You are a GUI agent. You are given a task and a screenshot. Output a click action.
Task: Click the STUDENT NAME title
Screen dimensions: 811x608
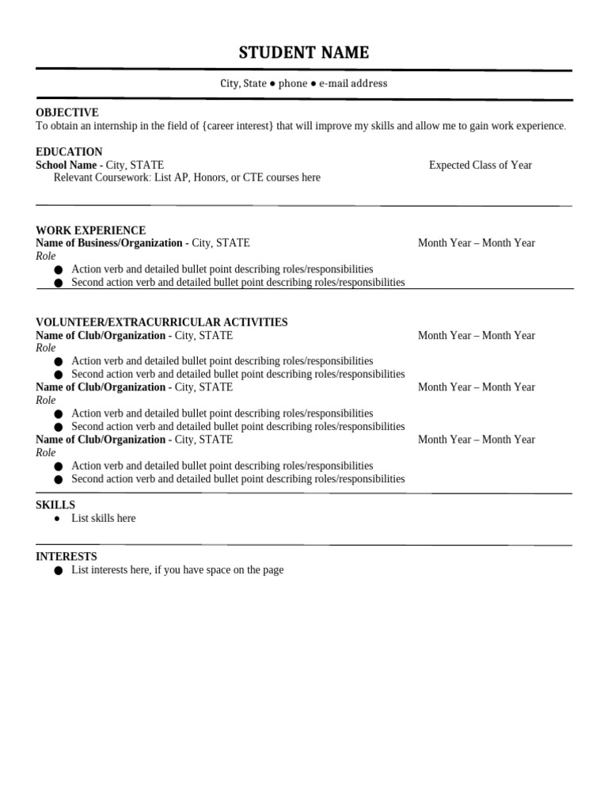coord(304,53)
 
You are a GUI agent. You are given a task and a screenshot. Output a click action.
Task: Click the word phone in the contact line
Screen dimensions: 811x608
coord(292,83)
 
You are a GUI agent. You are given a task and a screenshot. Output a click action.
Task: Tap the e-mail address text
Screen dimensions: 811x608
coord(353,83)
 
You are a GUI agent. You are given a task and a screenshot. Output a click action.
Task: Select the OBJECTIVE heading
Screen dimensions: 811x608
coord(67,112)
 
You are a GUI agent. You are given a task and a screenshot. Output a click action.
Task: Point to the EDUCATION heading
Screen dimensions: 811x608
coord(69,151)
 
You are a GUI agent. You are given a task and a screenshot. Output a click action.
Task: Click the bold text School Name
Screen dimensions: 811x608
coord(66,165)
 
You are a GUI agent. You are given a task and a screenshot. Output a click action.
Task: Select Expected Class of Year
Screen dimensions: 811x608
coord(480,165)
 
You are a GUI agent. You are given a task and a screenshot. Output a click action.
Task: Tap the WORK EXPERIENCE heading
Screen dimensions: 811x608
coord(90,230)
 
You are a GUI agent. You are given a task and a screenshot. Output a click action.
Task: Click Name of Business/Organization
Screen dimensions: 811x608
coord(108,243)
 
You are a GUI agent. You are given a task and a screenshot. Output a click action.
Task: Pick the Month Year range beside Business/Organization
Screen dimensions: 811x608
coord(476,243)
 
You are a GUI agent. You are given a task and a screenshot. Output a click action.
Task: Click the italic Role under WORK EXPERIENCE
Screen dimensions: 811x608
coord(46,256)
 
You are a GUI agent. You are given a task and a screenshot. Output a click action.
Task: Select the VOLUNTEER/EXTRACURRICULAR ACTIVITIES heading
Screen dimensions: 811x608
coord(161,322)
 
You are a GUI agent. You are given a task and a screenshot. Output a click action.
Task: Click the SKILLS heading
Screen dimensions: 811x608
coord(55,504)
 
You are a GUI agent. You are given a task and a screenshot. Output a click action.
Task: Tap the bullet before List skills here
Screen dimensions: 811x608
coord(58,518)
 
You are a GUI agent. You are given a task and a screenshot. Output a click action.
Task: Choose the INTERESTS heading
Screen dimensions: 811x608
coord(66,557)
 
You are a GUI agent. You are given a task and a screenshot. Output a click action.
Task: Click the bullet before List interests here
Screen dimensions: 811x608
coord(59,570)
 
